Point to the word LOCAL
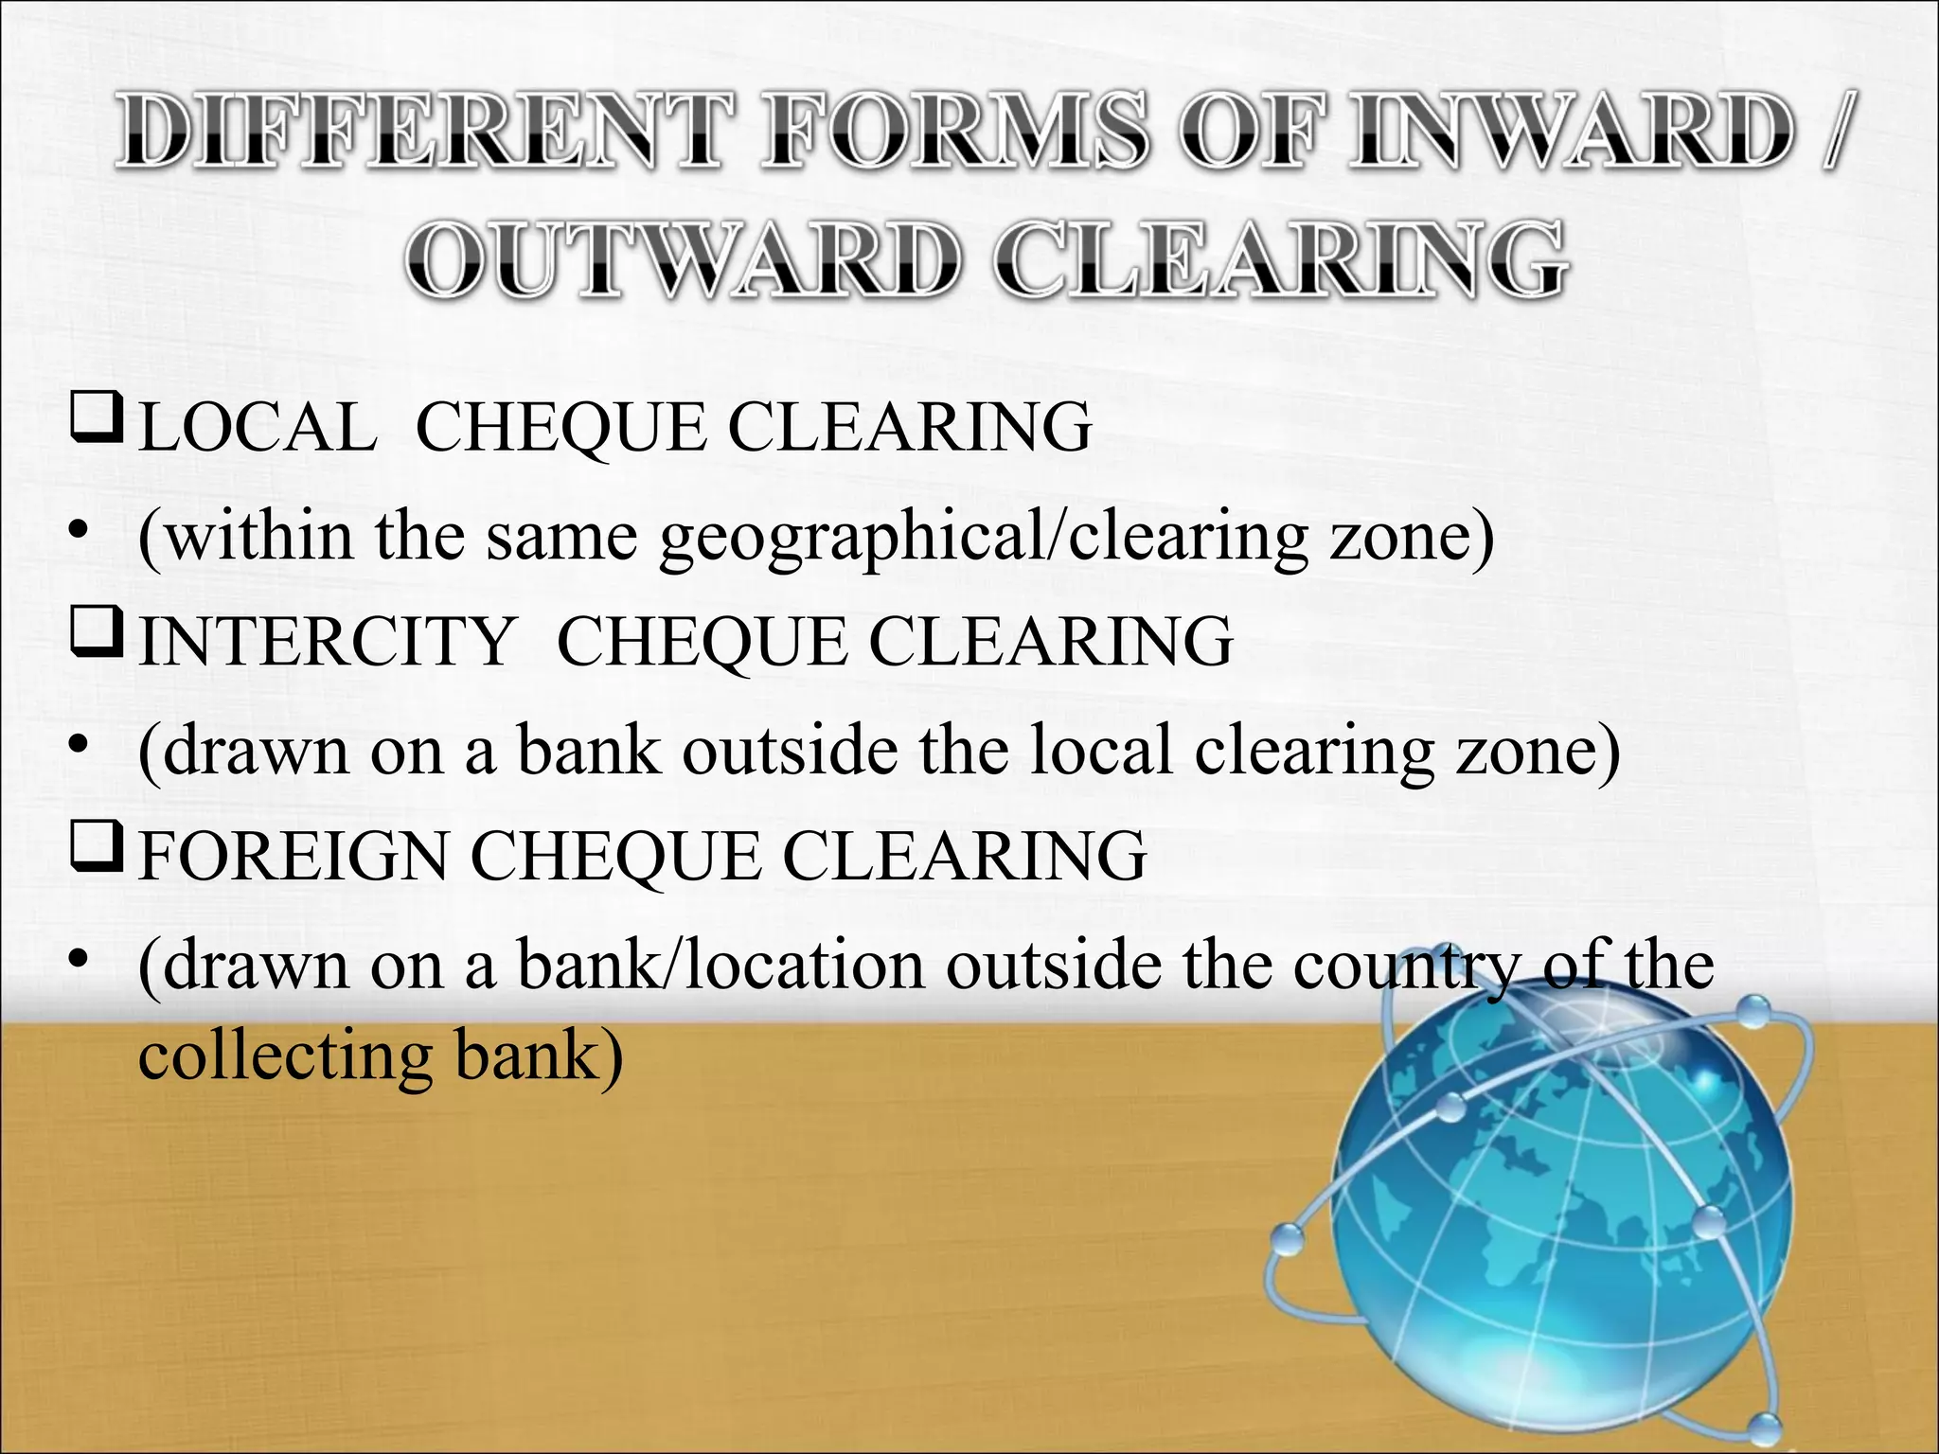pyautogui.click(x=257, y=427)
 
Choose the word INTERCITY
pyautogui.click(x=326, y=642)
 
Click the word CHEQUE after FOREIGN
pyautogui.click(x=615, y=856)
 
